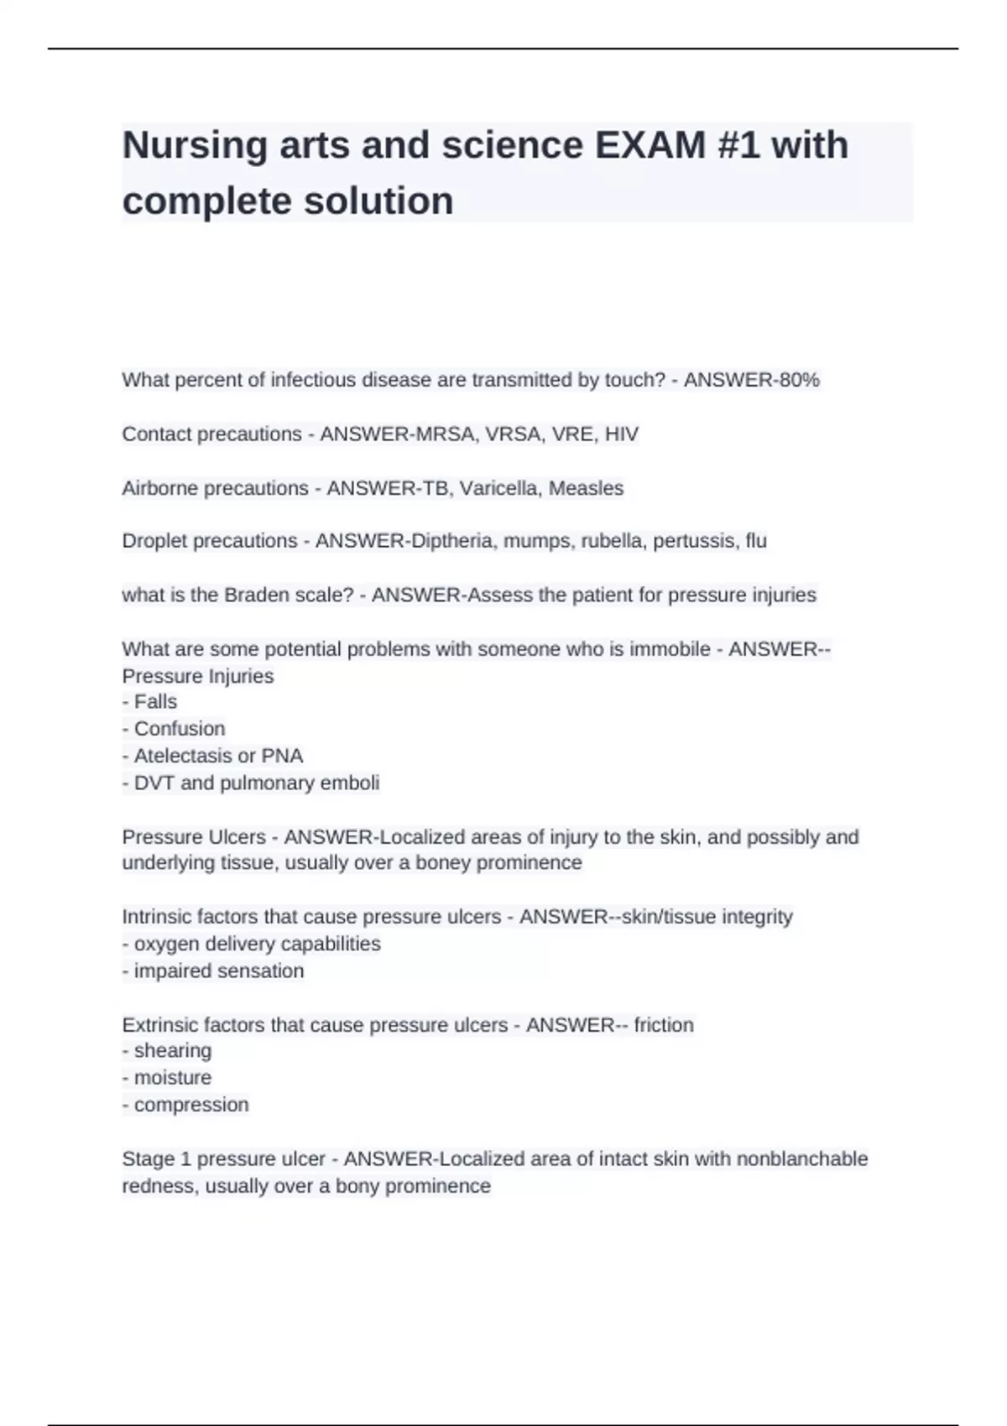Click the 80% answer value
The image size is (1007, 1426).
[x=799, y=380]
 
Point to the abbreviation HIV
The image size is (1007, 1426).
[x=622, y=434]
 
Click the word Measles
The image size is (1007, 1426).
[x=586, y=488]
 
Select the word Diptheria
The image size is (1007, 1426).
[x=451, y=541]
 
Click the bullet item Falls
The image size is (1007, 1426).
[x=155, y=702]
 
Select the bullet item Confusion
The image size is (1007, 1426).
[x=180, y=729]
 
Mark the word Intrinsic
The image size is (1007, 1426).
[x=154, y=917]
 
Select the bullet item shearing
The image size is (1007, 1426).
[x=173, y=1051]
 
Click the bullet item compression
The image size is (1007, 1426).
[x=191, y=1105]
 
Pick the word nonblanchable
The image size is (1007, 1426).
[x=801, y=1159]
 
